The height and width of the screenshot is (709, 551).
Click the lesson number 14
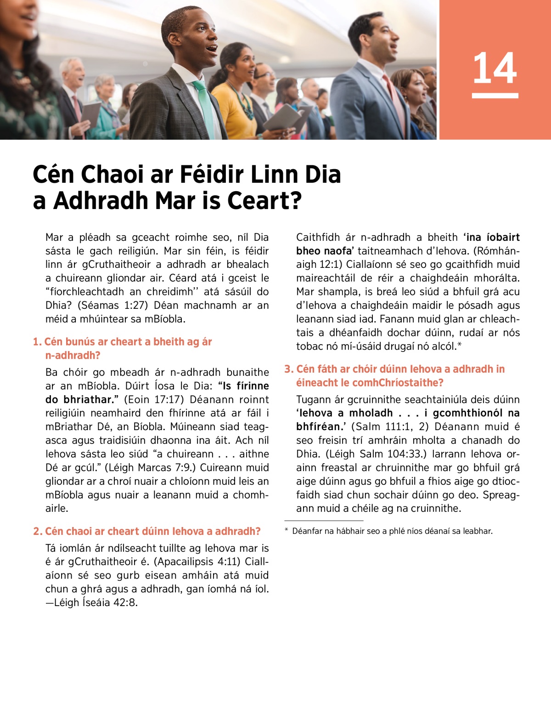tap(495, 68)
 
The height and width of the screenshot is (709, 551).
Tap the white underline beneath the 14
tap(495, 96)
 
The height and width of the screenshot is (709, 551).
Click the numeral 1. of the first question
tap(37, 342)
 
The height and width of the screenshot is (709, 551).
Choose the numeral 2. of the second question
tap(38, 532)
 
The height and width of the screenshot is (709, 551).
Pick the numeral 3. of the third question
tap(289, 369)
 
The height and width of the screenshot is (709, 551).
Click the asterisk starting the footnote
tap(287, 531)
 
